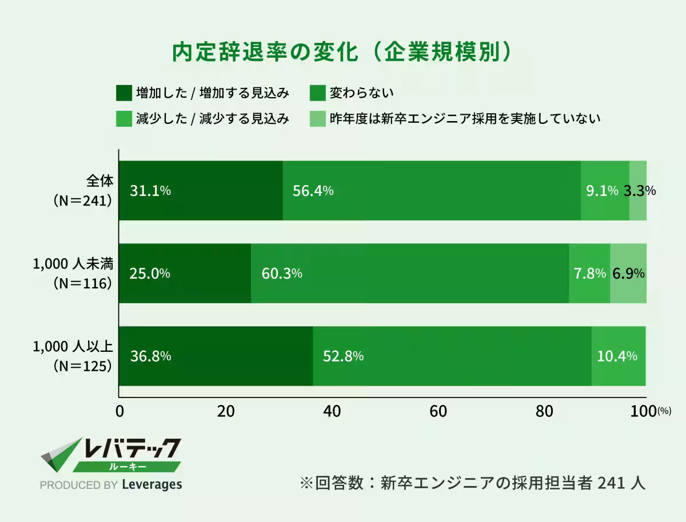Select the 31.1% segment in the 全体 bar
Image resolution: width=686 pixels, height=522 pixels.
pyautogui.click(x=200, y=191)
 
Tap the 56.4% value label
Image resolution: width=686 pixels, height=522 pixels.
pyautogui.click(x=313, y=191)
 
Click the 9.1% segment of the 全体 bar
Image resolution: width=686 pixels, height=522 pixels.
pyautogui.click(x=604, y=191)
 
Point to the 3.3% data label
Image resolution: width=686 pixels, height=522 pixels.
pyautogui.click(x=639, y=191)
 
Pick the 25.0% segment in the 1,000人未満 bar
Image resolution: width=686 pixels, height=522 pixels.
pyautogui.click(x=185, y=274)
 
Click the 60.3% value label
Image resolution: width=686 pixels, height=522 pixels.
pyautogui.click(x=281, y=274)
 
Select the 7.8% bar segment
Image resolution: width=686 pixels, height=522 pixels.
pyautogui.click(x=589, y=274)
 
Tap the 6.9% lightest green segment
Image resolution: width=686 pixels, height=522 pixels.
pyautogui.click(x=628, y=274)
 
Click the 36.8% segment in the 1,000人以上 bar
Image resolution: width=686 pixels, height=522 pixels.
pyautogui.click(x=216, y=356)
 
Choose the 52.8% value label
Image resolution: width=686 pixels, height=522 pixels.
pyautogui.click(x=343, y=356)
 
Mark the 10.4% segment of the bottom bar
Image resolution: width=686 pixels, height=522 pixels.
pyautogui.click(x=618, y=356)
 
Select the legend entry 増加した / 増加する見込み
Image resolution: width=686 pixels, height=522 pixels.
pyautogui.click(x=212, y=93)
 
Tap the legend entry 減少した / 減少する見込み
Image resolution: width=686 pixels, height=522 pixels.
pyautogui.click(x=212, y=119)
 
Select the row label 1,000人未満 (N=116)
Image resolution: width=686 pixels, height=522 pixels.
pyautogui.click(x=73, y=273)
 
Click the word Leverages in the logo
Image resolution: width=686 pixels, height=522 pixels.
pyautogui.click(x=152, y=485)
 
